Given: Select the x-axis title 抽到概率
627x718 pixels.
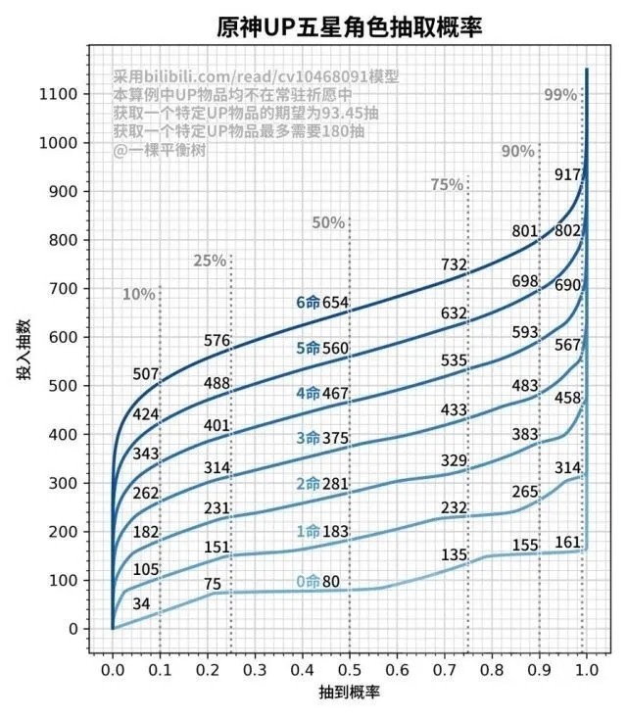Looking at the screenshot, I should (x=349, y=692).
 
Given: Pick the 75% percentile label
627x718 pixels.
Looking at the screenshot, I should (x=447, y=185).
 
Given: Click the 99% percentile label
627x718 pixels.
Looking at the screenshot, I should (x=560, y=95).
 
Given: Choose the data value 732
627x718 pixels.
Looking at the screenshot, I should (x=453, y=264).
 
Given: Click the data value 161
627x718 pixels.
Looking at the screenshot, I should (x=568, y=542).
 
